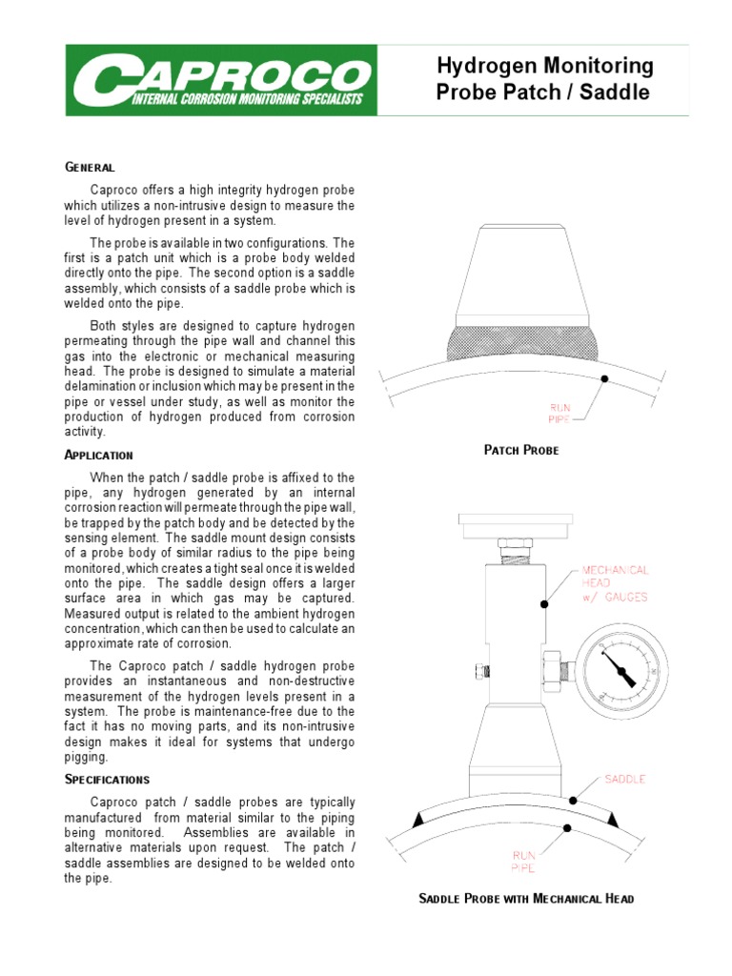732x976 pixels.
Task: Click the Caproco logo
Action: [216, 80]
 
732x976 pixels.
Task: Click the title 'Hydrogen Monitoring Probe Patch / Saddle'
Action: [544, 79]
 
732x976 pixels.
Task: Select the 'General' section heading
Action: [90, 167]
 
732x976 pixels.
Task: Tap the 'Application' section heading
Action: [99, 455]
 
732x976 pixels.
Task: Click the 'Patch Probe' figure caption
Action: [521, 450]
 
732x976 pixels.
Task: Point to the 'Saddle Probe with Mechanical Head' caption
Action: [527, 898]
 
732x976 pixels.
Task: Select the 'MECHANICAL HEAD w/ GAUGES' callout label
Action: [616, 583]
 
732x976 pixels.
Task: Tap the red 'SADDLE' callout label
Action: [624, 779]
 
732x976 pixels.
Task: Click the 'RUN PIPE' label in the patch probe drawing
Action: [559, 412]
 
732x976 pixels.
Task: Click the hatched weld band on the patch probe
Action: [520, 338]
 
